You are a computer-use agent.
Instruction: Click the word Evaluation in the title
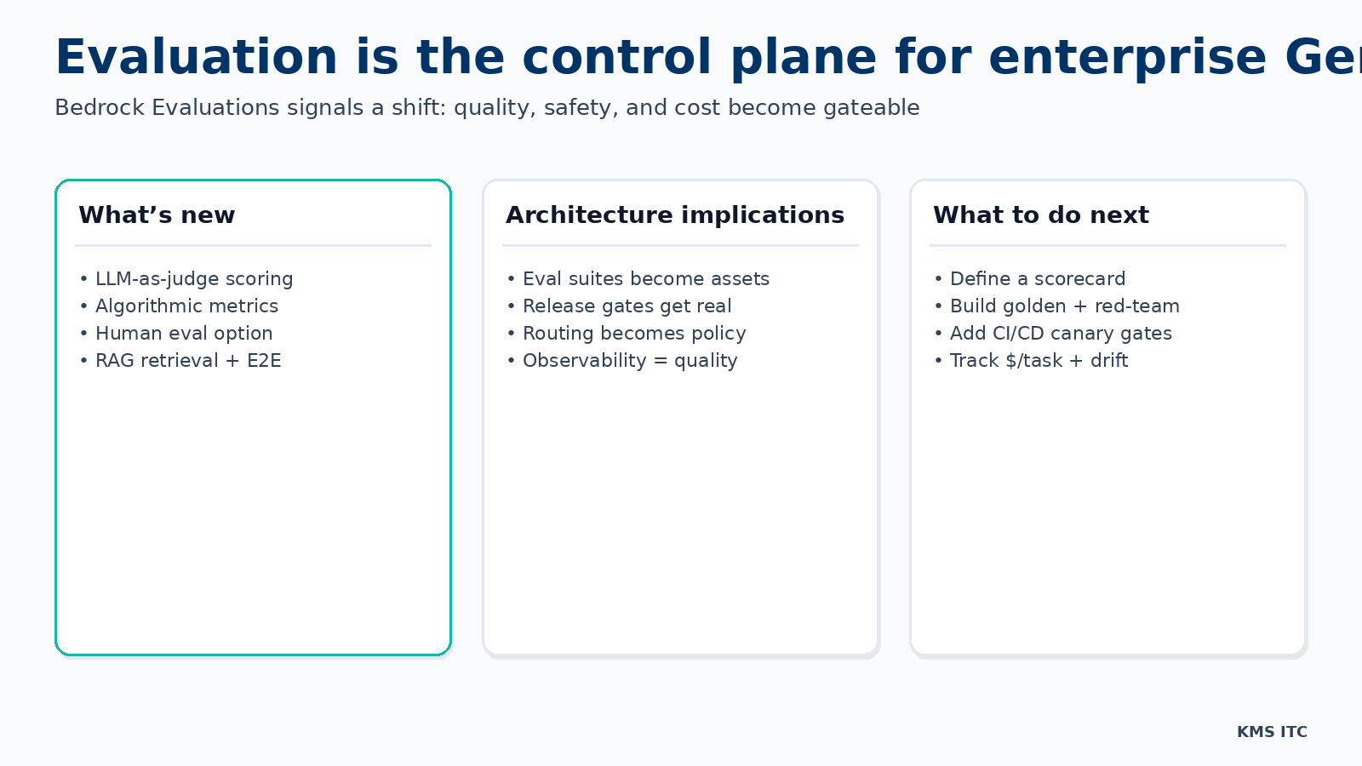tap(196, 58)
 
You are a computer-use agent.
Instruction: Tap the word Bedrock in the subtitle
tap(100, 108)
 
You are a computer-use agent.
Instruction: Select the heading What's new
tap(157, 215)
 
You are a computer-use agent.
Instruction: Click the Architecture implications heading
tap(675, 215)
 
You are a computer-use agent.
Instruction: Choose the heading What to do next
tap(1040, 215)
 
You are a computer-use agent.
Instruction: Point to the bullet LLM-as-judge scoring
tap(193, 279)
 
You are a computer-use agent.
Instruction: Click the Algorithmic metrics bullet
tap(186, 306)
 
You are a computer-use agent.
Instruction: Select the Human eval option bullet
tap(184, 334)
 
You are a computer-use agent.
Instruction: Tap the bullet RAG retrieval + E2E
tap(188, 361)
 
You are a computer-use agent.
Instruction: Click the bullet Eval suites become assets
tap(645, 279)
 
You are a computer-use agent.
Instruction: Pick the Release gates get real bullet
tap(627, 306)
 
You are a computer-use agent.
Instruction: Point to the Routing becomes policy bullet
tap(634, 334)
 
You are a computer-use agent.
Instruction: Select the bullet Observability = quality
tap(630, 361)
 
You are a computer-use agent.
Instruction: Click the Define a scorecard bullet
tap(1037, 279)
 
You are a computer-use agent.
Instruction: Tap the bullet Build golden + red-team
tap(1064, 306)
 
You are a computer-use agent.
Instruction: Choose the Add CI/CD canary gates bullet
tap(1061, 334)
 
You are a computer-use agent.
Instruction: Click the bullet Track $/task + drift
tap(1039, 361)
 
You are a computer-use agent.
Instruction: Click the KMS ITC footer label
tap(1272, 732)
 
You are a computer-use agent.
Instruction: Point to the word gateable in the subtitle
tap(871, 108)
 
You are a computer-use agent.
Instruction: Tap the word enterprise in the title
tap(1128, 58)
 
